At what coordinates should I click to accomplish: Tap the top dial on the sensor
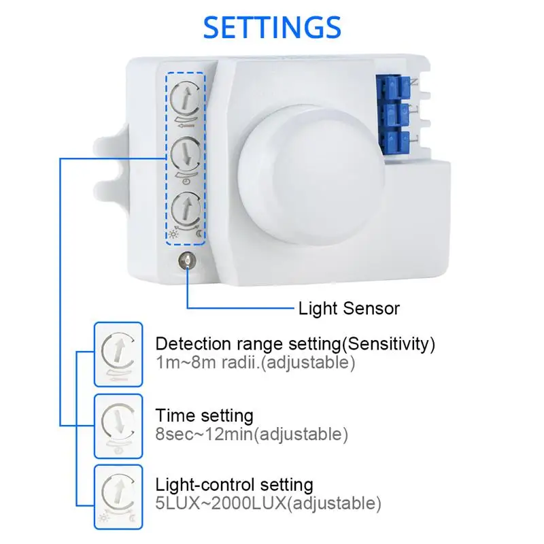[x=185, y=99]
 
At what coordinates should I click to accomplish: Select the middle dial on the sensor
[x=185, y=155]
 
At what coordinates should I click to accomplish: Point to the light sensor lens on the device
[x=184, y=259]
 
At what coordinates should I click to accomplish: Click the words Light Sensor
[x=349, y=308]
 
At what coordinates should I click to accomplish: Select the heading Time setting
[x=204, y=415]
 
